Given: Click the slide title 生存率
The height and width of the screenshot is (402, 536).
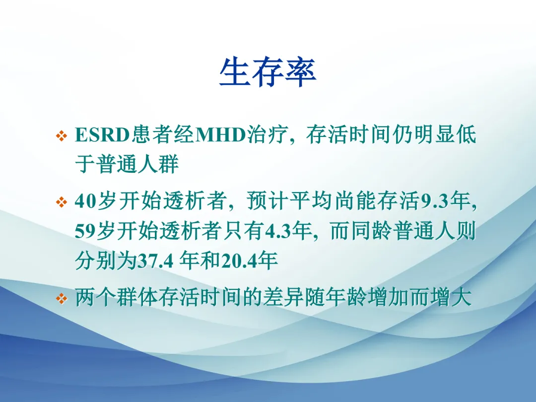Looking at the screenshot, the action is coord(268,72).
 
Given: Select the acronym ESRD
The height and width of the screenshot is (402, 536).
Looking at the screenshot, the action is coord(102,134).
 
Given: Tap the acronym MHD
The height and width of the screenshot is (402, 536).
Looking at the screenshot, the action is coord(220,134).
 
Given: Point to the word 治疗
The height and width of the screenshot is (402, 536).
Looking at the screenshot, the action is coord(267,134).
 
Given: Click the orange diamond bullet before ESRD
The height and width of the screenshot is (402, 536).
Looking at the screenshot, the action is coord(62,135).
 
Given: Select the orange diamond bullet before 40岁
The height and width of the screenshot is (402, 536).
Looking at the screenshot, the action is coord(62,201).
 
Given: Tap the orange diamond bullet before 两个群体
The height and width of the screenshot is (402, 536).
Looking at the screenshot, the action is coord(62,298).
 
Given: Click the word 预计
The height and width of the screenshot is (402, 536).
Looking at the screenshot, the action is coord(268,201).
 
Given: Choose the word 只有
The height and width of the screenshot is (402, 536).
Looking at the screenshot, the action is coord(244,231).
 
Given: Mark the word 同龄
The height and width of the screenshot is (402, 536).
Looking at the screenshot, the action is coord(372,231).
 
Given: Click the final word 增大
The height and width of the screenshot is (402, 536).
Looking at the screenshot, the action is coord(451,297).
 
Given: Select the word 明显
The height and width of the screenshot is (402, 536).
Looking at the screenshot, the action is coord(434,134).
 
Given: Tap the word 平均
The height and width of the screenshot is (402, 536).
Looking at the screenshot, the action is coord(310,201).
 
